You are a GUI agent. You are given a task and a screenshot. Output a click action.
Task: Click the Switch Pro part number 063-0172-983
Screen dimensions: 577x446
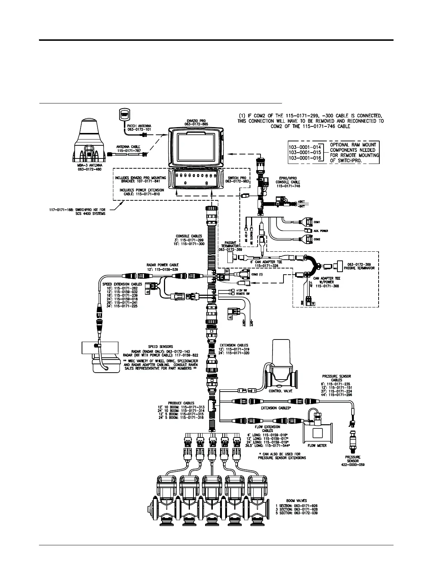(237, 181)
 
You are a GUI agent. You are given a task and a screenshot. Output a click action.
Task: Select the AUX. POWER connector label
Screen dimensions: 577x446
(321, 231)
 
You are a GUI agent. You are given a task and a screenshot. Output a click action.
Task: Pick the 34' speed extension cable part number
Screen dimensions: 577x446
(125, 306)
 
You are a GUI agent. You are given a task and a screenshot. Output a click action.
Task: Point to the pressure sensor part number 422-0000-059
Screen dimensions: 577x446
(352, 464)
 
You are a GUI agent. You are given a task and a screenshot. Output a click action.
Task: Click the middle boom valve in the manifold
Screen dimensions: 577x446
(212, 503)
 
